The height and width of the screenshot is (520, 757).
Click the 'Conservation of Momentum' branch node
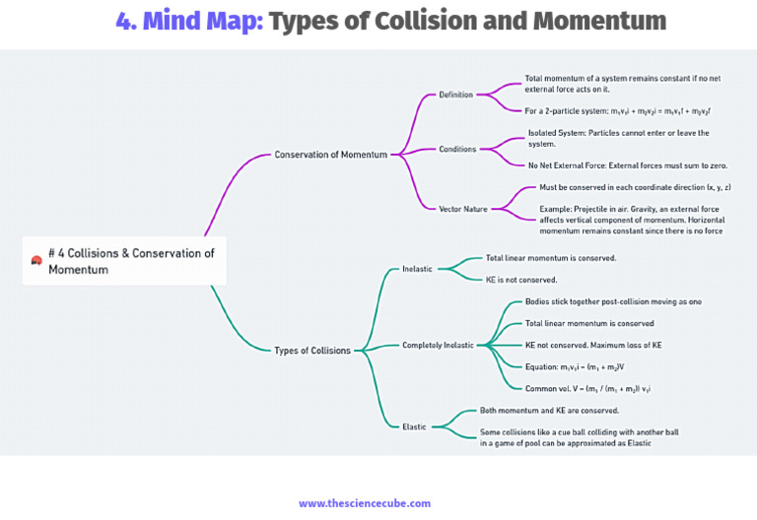click(x=330, y=155)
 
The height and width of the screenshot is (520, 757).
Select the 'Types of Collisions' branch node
click(x=311, y=351)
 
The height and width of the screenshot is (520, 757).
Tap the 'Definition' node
click(x=456, y=95)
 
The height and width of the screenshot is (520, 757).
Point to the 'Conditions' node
click(x=457, y=150)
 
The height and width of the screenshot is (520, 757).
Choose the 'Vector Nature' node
click(x=463, y=209)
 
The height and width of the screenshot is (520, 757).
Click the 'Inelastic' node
click(x=417, y=269)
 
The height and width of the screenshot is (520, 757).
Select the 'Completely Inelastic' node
click(x=438, y=346)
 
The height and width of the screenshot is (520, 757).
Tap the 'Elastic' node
click(x=414, y=426)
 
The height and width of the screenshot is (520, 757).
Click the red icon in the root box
click(x=36, y=260)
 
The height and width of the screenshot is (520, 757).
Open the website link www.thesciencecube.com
click(x=365, y=503)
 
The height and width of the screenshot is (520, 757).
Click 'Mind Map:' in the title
click(x=204, y=21)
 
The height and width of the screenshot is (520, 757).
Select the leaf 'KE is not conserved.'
click(x=521, y=280)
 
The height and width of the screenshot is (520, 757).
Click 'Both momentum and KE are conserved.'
click(x=549, y=410)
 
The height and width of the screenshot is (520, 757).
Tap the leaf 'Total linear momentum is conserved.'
click(x=551, y=258)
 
